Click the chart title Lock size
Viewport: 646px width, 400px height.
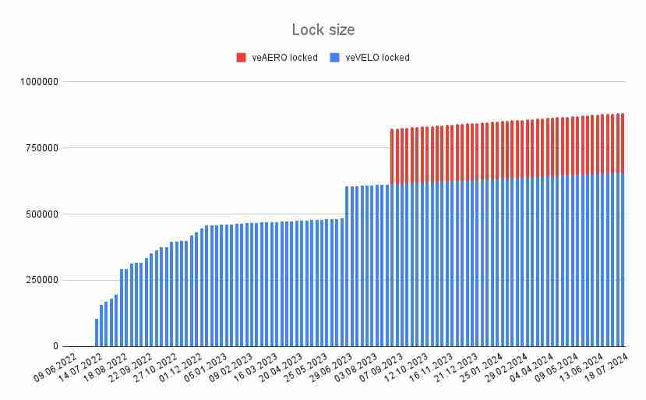pyautogui.click(x=323, y=30)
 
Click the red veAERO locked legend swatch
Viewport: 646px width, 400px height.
pyautogui.click(x=241, y=57)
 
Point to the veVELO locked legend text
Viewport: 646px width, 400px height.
pyautogui.click(x=376, y=57)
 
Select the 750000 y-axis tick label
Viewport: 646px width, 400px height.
pyautogui.click(x=41, y=147)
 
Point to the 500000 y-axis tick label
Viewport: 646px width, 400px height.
pyautogui.click(x=41, y=214)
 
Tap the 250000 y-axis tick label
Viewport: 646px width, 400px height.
pyautogui.click(x=41, y=280)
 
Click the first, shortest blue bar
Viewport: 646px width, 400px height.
pyautogui.click(x=97, y=332)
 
